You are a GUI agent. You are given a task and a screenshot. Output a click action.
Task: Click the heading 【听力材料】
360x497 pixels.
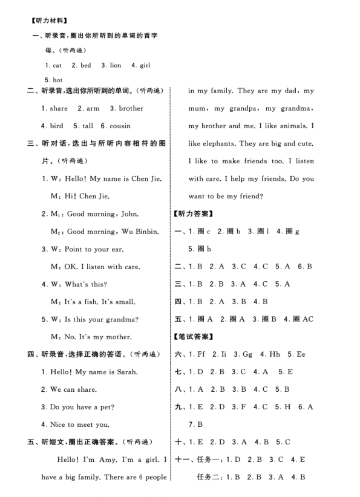coord(51,21)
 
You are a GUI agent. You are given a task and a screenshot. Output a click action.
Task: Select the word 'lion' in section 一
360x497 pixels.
coord(114,65)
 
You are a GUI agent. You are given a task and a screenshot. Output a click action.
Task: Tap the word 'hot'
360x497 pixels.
coord(57,80)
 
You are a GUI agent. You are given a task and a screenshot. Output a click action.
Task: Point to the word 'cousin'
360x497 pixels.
coord(119,126)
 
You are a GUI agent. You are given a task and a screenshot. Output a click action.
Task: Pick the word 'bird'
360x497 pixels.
coord(56,126)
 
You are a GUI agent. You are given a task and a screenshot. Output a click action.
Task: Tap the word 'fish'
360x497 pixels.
coord(91,301)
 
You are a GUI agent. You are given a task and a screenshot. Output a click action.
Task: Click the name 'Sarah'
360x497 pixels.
coord(126,372)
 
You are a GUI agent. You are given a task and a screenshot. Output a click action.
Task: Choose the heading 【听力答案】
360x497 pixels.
coord(193,213)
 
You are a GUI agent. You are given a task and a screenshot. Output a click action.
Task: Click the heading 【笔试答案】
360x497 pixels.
coord(193,337)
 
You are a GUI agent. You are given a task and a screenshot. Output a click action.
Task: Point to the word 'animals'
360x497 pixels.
coord(293,126)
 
